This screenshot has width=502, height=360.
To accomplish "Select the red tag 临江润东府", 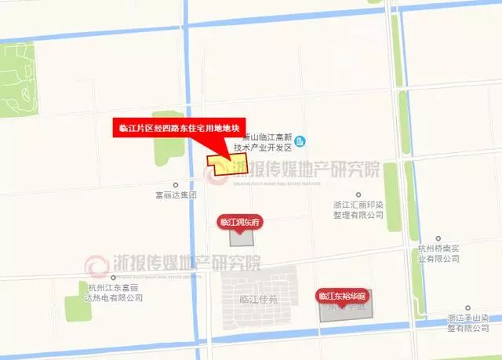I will tap(240, 222).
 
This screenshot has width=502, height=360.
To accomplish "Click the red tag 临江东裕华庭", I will tap(345, 296).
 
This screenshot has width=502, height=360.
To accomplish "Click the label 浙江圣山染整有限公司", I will tap(467, 322).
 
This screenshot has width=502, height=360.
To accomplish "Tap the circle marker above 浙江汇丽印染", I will tap(358, 194).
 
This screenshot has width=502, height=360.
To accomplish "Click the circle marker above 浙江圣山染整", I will tap(467, 308).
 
